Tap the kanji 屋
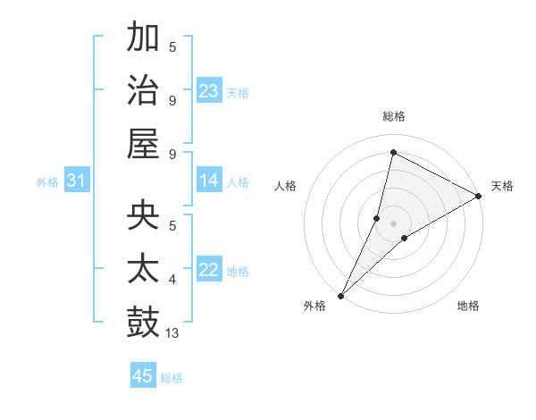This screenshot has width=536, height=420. click(x=143, y=143)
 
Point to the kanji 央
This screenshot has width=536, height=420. click(x=143, y=216)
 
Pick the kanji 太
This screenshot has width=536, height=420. click(x=143, y=269)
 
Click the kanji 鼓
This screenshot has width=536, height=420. click(x=143, y=322)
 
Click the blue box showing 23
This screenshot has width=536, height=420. click(x=209, y=90)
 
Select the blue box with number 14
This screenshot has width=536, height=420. click(x=209, y=181)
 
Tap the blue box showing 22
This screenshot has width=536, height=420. click(x=209, y=270)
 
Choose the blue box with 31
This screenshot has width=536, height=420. click(x=77, y=181)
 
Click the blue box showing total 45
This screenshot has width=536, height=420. click(x=143, y=376)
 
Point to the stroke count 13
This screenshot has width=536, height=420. click(x=172, y=332)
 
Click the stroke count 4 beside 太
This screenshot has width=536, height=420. click(x=172, y=280)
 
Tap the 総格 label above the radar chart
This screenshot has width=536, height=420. click(x=393, y=116)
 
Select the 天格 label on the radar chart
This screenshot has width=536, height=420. click(x=502, y=186)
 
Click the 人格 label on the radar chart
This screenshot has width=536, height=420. click(x=286, y=186)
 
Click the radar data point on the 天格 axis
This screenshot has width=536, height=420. click(x=479, y=196)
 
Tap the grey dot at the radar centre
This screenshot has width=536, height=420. click(x=393, y=223)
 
